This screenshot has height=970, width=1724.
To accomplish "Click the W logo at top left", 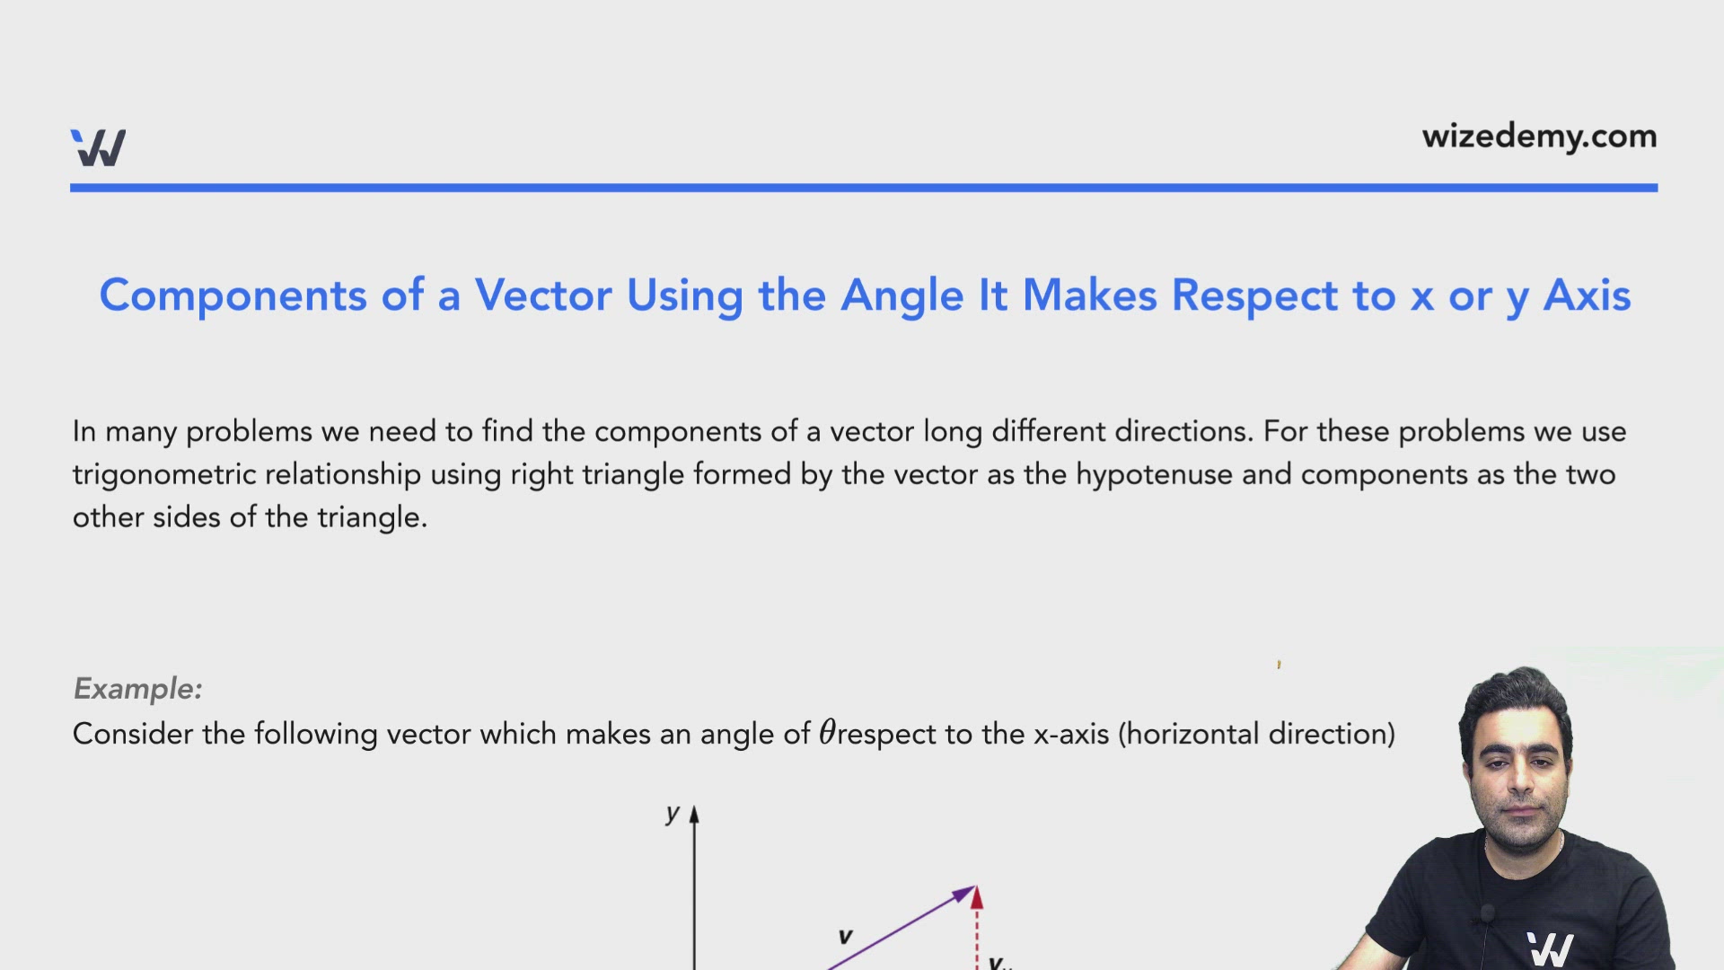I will pos(98,148).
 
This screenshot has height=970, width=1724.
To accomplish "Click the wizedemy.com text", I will pos(1539,137).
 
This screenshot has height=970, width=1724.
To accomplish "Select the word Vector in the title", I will pos(543,295).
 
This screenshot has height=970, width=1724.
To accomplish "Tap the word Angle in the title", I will pos(902,295).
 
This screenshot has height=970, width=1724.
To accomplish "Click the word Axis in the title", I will pos(1587,295).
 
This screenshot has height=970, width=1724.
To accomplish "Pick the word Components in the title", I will pos(233,295).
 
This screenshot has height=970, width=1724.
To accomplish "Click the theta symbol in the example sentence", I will pos(827,732).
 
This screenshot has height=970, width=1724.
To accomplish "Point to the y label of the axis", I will pos(673,814).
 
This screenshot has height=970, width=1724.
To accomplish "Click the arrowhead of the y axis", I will pos(694,815).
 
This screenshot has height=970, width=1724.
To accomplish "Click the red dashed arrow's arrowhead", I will pos(977,897).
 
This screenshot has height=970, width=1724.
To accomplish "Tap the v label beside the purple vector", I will pos(845,937).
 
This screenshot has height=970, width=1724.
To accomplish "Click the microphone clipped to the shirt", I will pos(1487,914).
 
